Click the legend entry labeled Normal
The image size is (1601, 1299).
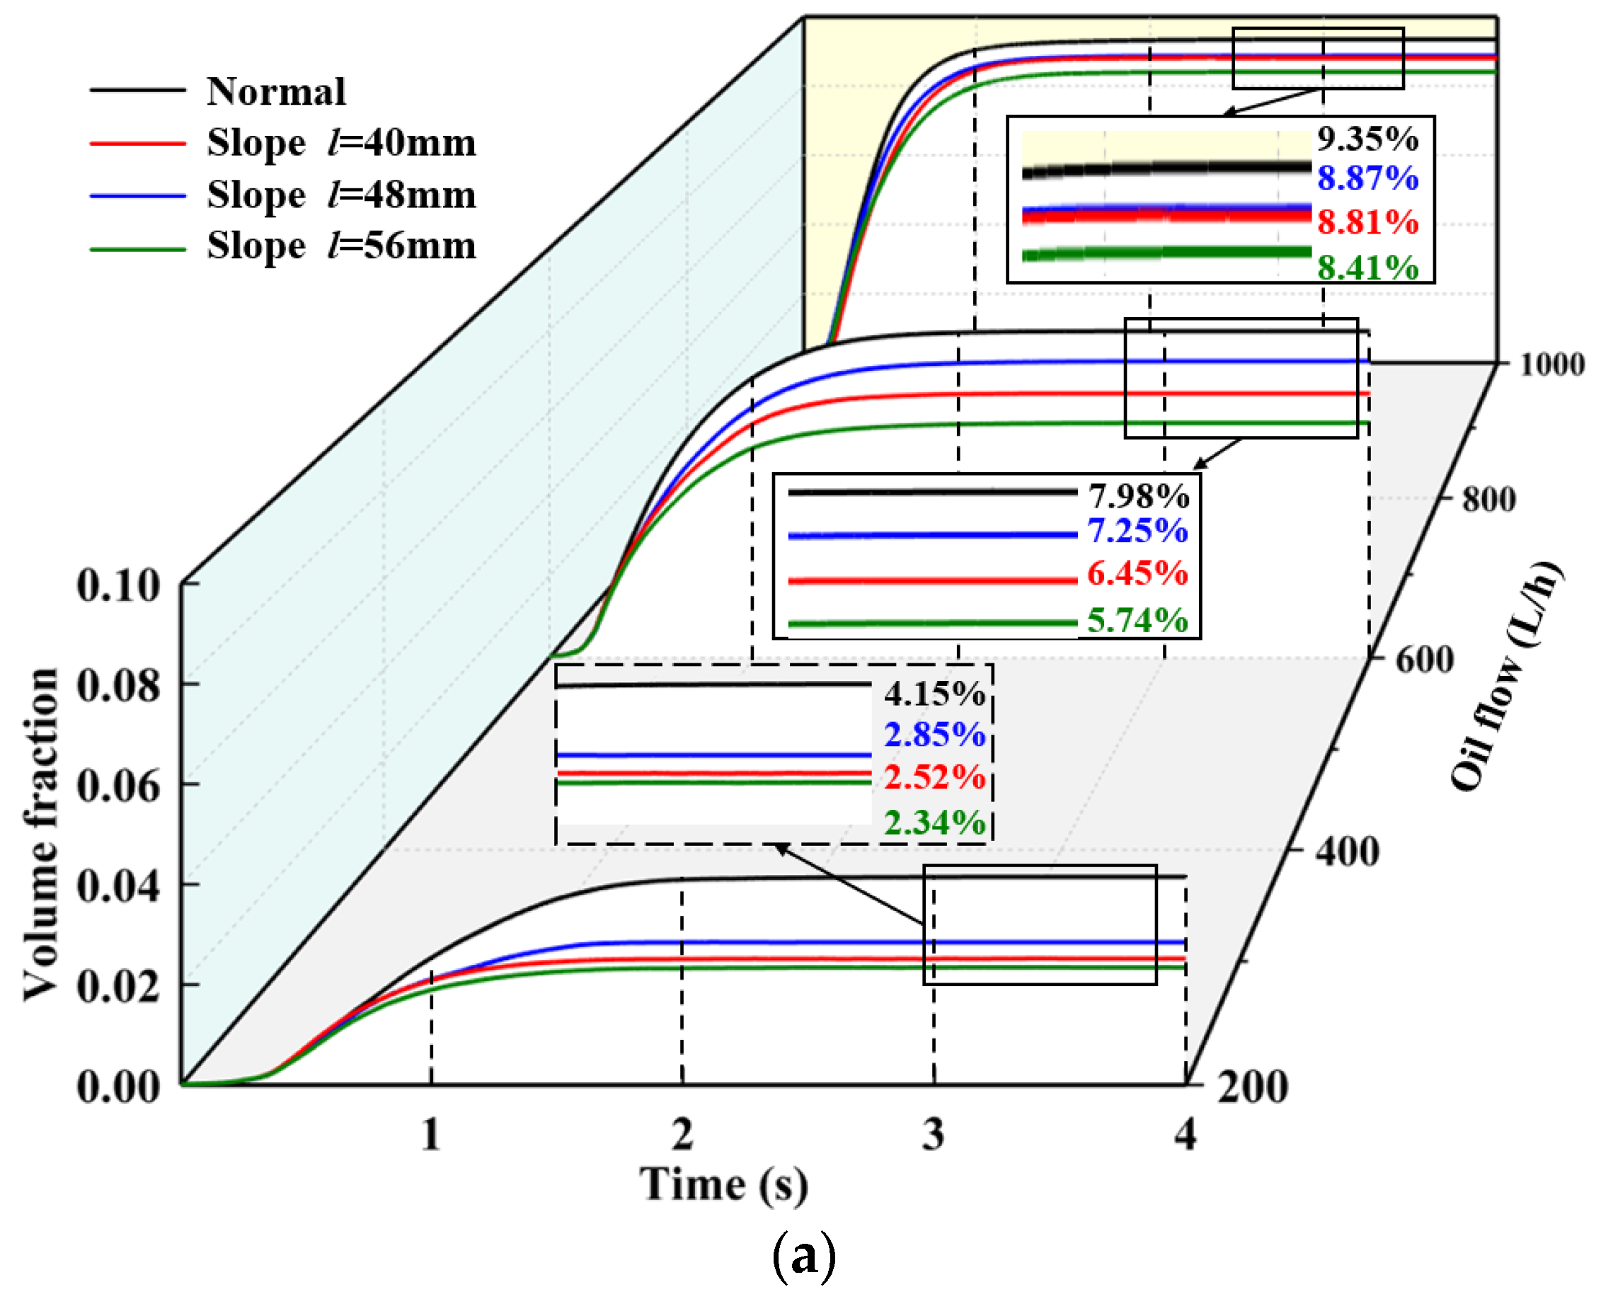coord(276,92)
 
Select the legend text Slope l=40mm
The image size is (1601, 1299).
coord(341,143)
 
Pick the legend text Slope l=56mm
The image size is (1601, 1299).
coord(341,246)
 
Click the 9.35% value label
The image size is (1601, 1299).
coord(1367,139)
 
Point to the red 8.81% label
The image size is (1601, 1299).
coord(1367,222)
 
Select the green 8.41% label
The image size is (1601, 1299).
coord(1367,267)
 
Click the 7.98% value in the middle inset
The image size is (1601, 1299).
coord(1138,496)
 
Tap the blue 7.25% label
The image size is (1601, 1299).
coord(1137,531)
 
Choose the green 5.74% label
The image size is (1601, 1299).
coord(1137,620)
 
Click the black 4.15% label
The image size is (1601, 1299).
coord(934,694)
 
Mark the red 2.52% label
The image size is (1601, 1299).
coord(934,777)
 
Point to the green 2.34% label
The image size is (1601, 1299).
coord(934,823)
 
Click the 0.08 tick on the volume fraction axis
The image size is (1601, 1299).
coord(118,685)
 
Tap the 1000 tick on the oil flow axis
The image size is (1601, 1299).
coord(1551,365)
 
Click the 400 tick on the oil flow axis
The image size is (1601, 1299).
coord(1348,852)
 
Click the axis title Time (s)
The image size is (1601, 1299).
coord(723,1184)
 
